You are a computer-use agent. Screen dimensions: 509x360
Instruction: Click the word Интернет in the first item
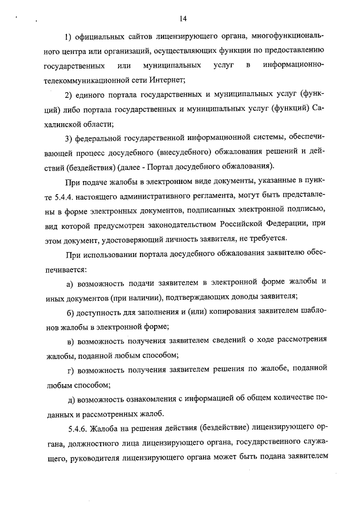tap(168, 80)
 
